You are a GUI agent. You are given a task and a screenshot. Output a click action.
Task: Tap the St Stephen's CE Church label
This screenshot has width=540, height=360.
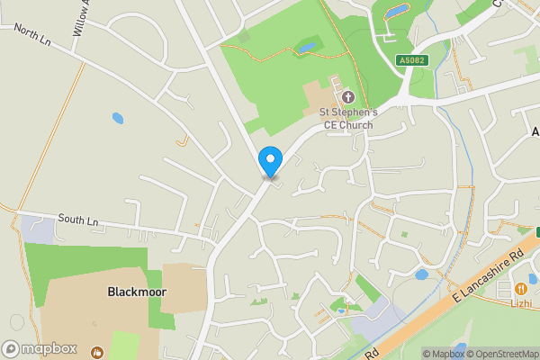tap(350, 118)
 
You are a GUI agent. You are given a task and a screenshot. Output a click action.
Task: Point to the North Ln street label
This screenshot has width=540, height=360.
tap(32, 35)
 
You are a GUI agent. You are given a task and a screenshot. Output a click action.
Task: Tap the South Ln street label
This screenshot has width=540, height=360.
tap(76, 219)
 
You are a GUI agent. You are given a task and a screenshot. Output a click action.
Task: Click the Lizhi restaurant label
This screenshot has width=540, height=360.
tap(521, 304)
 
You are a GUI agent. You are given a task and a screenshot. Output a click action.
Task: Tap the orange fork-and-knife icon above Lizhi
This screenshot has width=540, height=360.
tap(521, 288)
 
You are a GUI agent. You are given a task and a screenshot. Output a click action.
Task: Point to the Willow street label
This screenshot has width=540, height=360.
tap(81, 18)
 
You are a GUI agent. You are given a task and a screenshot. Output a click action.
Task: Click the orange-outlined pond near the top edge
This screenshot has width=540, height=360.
tap(396, 11)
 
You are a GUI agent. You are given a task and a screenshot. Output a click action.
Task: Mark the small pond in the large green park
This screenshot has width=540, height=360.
tap(308, 46)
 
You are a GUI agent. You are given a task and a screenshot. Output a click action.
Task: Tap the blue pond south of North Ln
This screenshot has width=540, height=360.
tap(117, 118)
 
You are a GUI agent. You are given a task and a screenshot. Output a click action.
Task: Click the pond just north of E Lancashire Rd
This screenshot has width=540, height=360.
tap(421, 274)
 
